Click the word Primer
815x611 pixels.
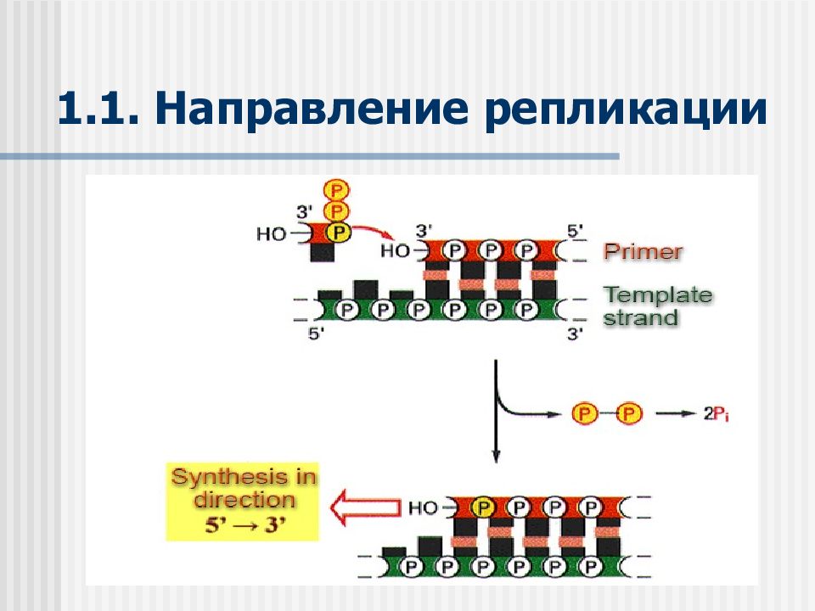[x=643, y=251]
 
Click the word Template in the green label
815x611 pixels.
[x=658, y=294]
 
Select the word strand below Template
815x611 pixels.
[x=641, y=317]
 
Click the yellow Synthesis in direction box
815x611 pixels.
[x=242, y=502]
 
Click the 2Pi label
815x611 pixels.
[x=716, y=413]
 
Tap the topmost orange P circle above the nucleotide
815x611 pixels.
[x=336, y=191]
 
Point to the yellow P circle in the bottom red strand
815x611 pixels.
[x=483, y=507]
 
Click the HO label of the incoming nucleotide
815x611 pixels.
[x=271, y=234]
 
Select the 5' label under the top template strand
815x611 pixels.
[x=316, y=334]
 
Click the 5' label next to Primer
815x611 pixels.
[x=575, y=231]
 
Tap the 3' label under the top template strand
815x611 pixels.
[x=574, y=334]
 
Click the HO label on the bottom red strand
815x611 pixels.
[x=423, y=507]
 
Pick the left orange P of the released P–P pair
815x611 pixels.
[x=584, y=413]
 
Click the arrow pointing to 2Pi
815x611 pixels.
[x=675, y=413]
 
